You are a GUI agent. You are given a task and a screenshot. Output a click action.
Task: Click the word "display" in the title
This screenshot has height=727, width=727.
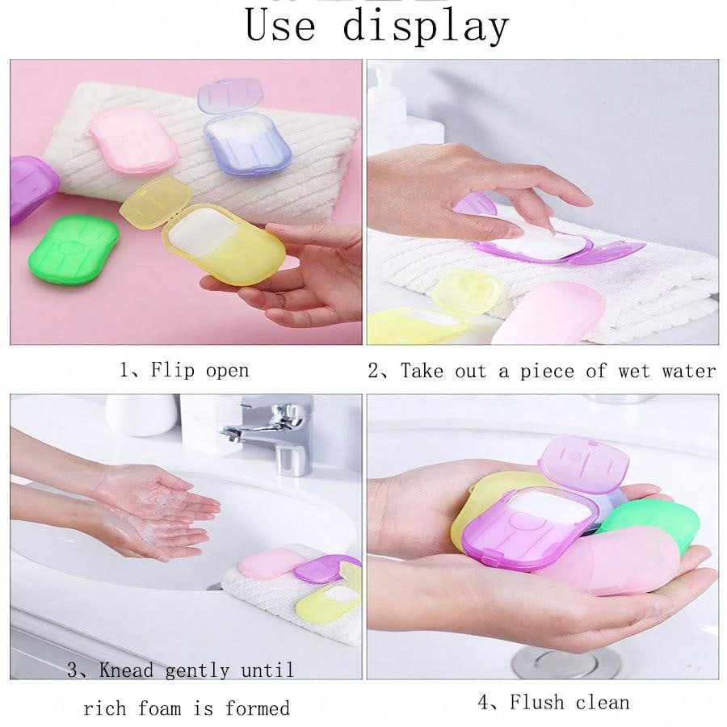(426, 26)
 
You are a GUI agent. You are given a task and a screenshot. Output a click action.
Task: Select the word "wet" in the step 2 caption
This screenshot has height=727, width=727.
(634, 371)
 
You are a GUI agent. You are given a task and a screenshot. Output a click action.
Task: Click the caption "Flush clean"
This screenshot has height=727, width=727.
(569, 702)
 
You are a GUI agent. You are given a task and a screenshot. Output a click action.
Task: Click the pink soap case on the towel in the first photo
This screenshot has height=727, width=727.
(133, 139)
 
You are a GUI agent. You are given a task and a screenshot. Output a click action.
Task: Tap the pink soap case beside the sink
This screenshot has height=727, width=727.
(269, 562)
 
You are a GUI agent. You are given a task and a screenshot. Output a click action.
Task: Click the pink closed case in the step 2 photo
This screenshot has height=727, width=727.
(549, 312)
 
